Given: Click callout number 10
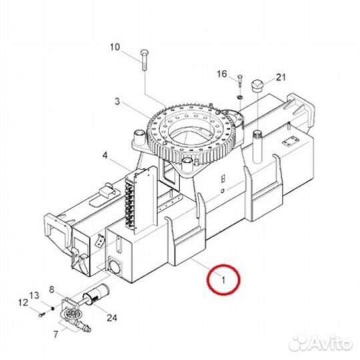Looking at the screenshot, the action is [115, 47].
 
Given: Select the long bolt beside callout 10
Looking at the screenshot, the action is [145, 60].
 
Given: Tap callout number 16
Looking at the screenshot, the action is [222, 74].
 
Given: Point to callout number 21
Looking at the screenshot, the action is [281, 77].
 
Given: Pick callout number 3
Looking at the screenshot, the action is [117, 101].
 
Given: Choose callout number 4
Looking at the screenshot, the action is [105, 155].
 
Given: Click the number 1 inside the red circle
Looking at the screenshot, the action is [223, 280].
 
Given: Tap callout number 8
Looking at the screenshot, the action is [51, 289].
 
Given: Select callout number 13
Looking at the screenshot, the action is [34, 295].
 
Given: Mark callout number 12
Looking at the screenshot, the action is [23, 303].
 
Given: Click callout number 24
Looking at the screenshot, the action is [112, 318].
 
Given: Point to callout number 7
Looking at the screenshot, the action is [56, 334].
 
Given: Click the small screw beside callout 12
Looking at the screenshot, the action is [42, 315].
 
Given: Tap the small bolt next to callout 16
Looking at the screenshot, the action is [240, 81].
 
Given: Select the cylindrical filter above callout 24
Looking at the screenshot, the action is [95, 293].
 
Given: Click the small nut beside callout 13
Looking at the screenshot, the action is [53, 308].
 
